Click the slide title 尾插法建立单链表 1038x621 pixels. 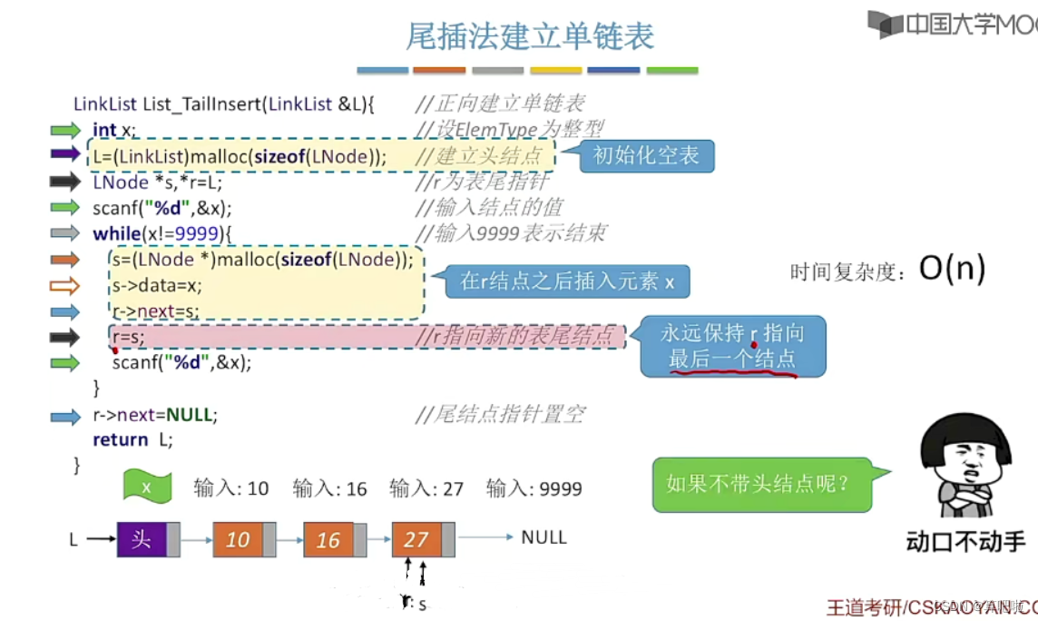(530, 36)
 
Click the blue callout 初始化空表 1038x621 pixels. (645, 155)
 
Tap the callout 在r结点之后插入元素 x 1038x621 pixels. (566, 281)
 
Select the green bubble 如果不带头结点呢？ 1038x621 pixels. (759, 483)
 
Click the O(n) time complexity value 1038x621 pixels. (952, 269)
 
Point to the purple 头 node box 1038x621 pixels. (142, 539)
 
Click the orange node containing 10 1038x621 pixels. (238, 540)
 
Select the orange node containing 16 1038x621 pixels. (328, 540)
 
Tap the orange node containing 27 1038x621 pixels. (416, 540)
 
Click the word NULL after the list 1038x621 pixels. (543, 537)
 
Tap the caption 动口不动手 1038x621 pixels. (965, 543)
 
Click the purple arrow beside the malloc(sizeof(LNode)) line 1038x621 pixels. (65, 154)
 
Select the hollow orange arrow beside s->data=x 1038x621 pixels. (65, 286)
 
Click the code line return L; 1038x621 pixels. (132, 440)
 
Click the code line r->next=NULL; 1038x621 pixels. (155, 416)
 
